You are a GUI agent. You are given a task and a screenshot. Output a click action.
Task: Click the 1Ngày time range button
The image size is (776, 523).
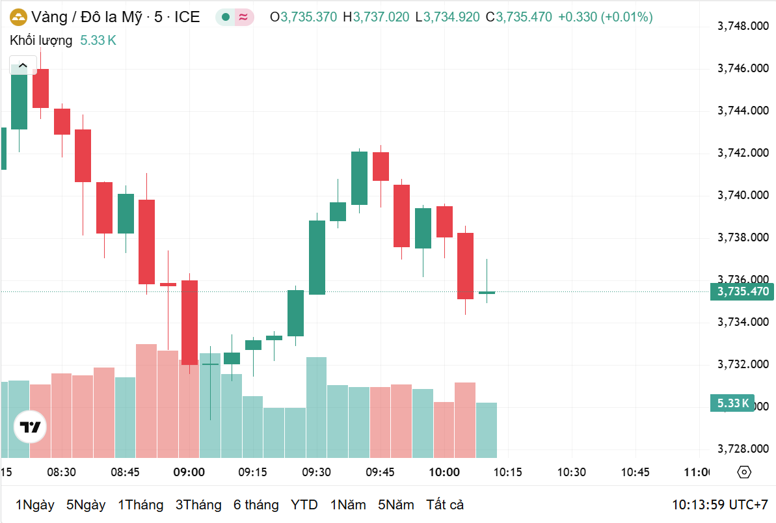click(x=34, y=505)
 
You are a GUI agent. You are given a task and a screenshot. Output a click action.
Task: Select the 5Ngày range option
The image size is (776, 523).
click(x=86, y=505)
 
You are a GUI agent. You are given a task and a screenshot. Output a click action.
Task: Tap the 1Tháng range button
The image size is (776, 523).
click(x=140, y=505)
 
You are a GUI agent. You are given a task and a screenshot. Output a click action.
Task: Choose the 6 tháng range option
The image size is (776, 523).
click(x=256, y=505)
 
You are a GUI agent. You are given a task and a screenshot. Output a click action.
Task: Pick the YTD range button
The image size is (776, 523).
click(x=304, y=505)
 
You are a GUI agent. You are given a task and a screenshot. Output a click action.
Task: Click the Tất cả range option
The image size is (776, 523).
click(x=445, y=505)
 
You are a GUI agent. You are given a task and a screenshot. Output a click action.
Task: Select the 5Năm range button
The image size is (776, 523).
click(x=396, y=505)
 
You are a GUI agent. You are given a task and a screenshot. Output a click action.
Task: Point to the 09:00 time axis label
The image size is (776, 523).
click(x=189, y=472)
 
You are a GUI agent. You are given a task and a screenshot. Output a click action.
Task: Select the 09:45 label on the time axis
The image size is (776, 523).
click(x=381, y=472)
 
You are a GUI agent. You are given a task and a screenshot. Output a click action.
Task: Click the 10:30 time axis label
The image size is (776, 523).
click(x=571, y=472)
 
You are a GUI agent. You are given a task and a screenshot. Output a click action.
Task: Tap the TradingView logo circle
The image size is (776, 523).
click(x=30, y=427)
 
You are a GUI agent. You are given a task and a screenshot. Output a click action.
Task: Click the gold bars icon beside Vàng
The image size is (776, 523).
click(x=18, y=18)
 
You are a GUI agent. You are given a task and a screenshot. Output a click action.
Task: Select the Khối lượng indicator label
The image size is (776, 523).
click(x=41, y=40)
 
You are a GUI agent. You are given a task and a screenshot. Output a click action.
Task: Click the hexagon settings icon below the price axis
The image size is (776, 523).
click(x=745, y=472)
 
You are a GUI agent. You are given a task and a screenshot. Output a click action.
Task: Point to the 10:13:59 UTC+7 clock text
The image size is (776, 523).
click(x=720, y=505)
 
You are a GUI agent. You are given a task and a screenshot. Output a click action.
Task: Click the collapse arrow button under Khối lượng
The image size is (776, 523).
click(x=23, y=65)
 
